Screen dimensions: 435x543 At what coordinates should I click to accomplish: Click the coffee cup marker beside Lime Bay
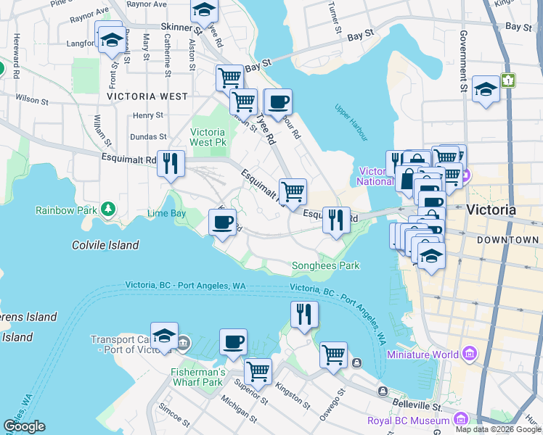[223, 220]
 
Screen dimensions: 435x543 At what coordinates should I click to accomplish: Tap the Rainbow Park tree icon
[108, 210]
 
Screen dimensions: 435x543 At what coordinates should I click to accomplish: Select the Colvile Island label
[105, 245]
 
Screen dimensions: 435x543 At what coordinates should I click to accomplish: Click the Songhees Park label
[325, 265]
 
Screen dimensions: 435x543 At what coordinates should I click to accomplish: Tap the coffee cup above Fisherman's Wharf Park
[233, 341]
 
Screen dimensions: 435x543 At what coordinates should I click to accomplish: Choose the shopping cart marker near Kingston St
[258, 371]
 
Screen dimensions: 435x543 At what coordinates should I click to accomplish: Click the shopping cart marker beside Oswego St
[333, 355]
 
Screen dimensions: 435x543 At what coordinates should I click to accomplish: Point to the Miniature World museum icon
[470, 354]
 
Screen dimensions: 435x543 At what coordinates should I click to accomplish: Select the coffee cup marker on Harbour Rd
[277, 102]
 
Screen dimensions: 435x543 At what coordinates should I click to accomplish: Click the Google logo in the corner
[24, 426]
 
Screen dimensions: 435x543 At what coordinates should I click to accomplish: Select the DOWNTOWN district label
[507, 239]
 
